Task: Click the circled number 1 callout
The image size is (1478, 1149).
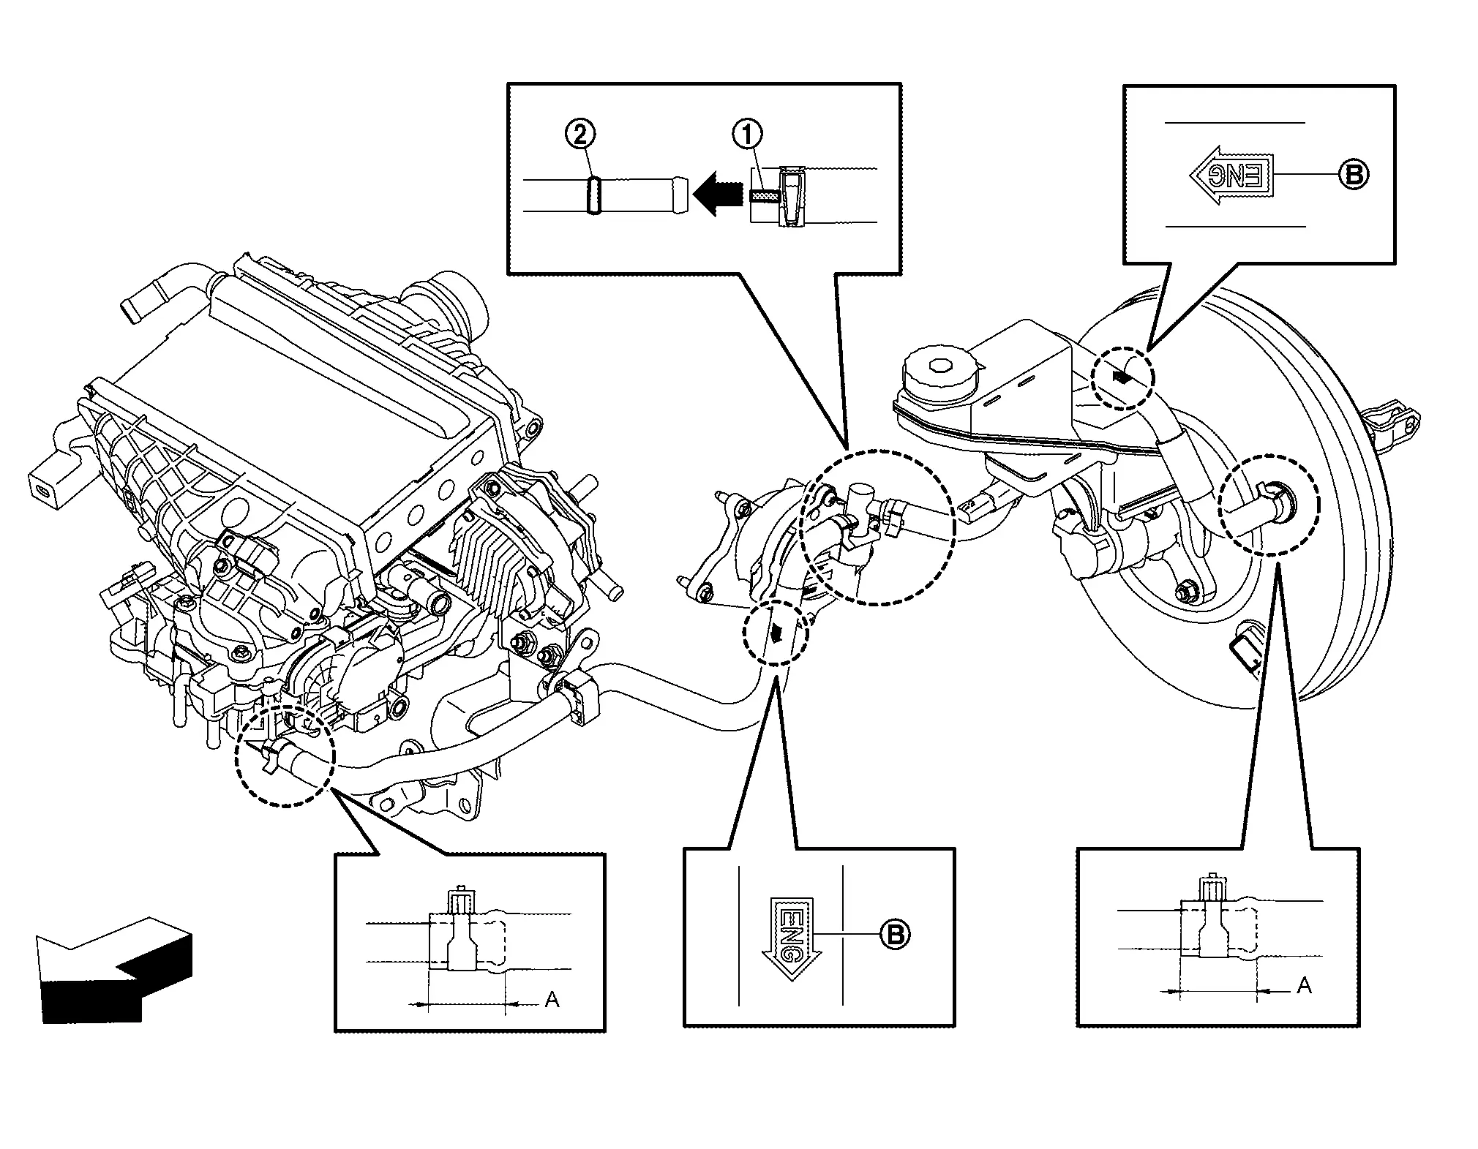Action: [x=747, y=135]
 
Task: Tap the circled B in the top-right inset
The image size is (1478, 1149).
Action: [x=1353, y=175]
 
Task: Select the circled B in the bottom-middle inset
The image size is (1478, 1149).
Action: [x=894, y=934]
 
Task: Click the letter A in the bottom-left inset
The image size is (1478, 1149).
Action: [x=552, y=999]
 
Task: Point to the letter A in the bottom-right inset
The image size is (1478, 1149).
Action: [x=1305, y=986]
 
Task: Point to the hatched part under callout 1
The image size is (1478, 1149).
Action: [x=765, y=196]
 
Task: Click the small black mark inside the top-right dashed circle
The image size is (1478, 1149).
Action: [x=1120, y=377]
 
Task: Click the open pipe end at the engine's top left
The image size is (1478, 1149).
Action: [x=131, y=310]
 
